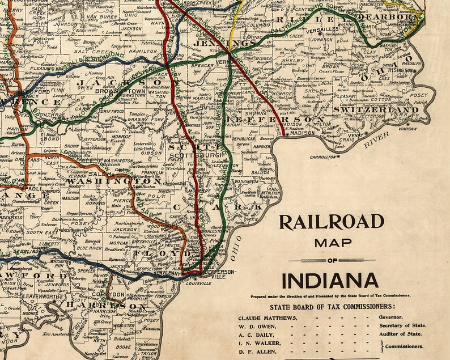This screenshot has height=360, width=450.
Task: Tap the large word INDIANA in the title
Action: click(x=330, y=281)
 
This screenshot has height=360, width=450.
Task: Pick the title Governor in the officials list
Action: click(x=393, y=317)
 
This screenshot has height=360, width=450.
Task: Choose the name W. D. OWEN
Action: click(x=256, y=326)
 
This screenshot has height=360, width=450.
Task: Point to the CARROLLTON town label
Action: click(x=324, y=156)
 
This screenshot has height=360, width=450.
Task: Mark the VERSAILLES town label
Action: click(x=322, y=30)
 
